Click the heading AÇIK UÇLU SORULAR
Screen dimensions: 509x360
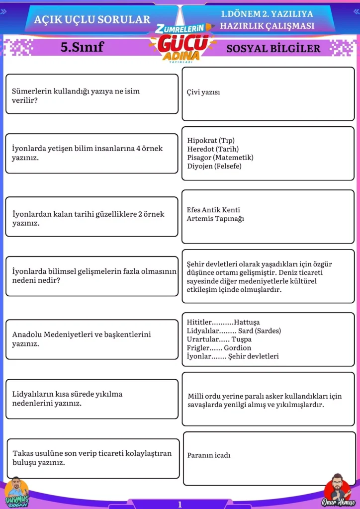click(x=92, y=20)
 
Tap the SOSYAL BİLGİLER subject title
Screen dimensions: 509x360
click(x=273, y=49)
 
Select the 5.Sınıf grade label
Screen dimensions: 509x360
click(x=82, y=47)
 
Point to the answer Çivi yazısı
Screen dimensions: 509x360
click(x=203, y=92)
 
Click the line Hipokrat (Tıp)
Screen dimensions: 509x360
click(x=211, y=140)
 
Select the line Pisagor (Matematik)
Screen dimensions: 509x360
click(x=220, y=158)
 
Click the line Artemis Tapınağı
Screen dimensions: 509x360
click(x=215, y=218)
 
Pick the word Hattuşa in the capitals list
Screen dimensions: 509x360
click(x=247, y=322)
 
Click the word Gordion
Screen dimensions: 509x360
click(x=237, y=348)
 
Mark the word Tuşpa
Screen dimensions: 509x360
click(x=242, y=339)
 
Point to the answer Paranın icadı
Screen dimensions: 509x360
click(x=209, y=455)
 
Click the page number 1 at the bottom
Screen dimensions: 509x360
click(x=180, y=505)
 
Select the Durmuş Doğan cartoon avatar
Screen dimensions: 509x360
click(x=16, y=491)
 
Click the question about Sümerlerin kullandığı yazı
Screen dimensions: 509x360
click(x=76, y=95)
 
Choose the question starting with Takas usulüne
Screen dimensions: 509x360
click(x=91, y=458)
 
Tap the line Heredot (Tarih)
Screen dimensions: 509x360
click(x=213, y=149)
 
